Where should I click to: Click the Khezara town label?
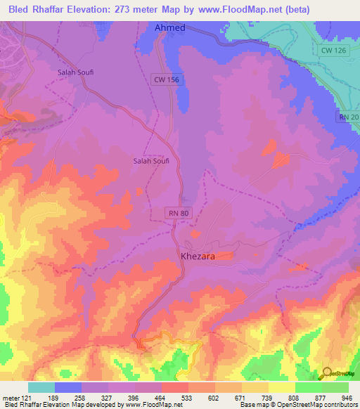pyautogui.click(x=198, y=257)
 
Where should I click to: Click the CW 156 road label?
pyautogui.click(x=167, y=80)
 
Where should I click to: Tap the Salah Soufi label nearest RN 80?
pyautogui.click(x=151, y=161)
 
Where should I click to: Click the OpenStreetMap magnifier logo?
pyautogui.click(x=326, y=373)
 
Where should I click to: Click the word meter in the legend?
pyautogui.click(x=11, y=398)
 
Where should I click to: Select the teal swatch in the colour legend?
pyautogui.click(x=41, y=387)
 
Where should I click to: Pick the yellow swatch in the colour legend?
pyautogui.click(x=281, y=387)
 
